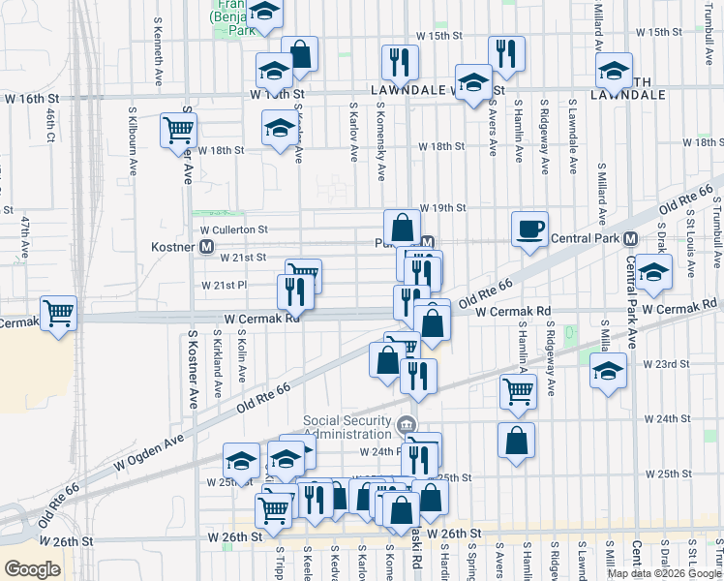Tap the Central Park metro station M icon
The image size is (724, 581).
(629, 238)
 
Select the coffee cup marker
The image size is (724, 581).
(529, 229)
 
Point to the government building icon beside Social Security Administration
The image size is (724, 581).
(407, 422)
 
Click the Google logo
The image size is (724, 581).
(32, 568)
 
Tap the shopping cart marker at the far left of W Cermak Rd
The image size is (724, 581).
(59, 314)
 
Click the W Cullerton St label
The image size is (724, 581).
(233, 229)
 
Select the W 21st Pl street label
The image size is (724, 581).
(225, 286)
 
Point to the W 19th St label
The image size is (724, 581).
(443, 208)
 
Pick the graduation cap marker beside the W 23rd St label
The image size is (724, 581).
(608, 372)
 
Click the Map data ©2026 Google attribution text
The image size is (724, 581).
(664, 573)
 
